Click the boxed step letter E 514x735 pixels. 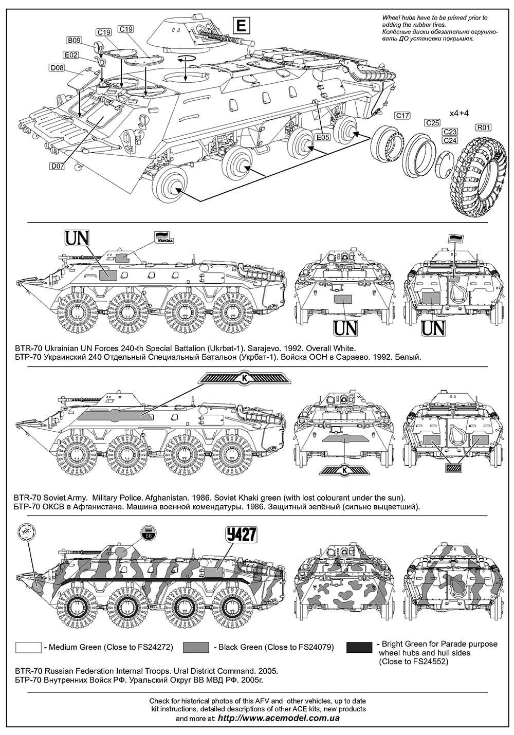(240, 25)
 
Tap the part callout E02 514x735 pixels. (71, 55)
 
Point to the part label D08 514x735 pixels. (57, 68)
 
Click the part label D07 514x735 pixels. (58, 167)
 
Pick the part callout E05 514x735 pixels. (323, 137)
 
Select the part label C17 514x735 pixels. (402, 116)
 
